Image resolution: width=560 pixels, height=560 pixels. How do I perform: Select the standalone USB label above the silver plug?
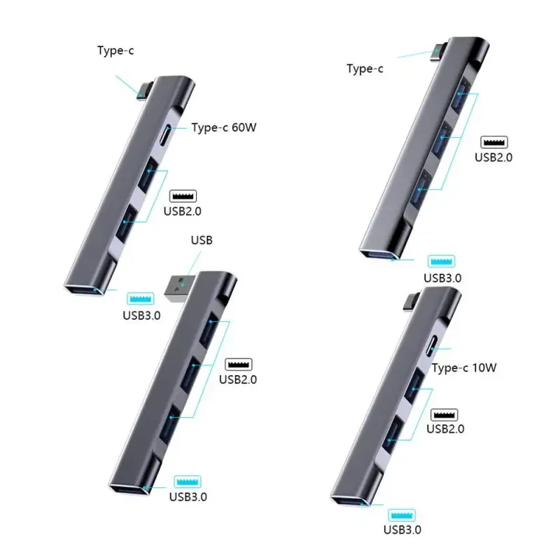coord(202,240)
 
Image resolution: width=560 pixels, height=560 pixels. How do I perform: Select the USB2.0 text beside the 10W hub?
coord(444,429)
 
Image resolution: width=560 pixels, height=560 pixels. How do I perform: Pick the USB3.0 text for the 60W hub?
coord(141,314)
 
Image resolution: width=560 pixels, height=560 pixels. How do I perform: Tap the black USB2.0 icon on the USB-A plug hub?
coord(239,365)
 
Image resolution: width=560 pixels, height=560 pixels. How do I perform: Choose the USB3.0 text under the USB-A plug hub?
coord(188,497)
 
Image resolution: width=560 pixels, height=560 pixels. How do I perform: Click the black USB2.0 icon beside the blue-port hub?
coord(494,142)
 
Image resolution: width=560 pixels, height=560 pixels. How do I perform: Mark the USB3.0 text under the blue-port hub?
coord(442,277)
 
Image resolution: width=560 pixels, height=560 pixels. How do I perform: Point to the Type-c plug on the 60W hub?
coord(143,91)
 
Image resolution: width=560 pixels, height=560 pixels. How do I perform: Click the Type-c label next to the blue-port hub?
coord(365,69)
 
